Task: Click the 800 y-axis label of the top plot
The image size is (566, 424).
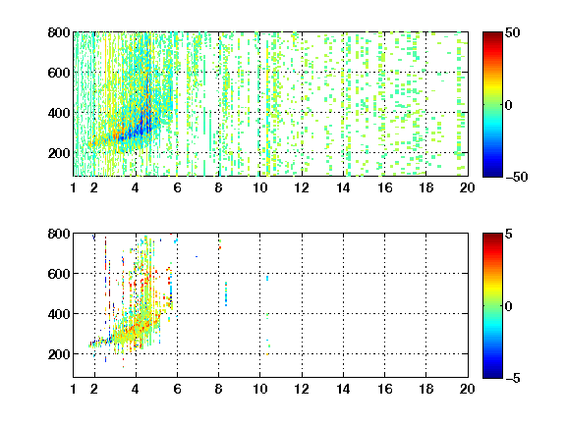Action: (x=59, y=32)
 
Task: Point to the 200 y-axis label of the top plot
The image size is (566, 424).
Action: (x=59, y=153)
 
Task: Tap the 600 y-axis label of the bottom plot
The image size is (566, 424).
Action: (x=59, y=274)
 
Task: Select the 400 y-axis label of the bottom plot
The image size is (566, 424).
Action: (x=59, y=314)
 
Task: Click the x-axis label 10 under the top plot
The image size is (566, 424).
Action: (x=259, y=187)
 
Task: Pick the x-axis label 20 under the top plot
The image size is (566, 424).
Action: (x=467, y=187)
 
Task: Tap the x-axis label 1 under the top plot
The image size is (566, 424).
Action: (x=74, y=187)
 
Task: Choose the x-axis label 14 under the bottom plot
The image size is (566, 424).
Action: (x=343, y=389)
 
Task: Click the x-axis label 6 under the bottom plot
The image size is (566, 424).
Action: (x=177, y=389)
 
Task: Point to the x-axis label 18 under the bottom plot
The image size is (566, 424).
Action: (x=425, y=389)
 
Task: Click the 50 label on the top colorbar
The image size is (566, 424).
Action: (x=512, y=32)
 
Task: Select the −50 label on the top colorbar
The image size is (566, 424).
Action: (x=516, y=177)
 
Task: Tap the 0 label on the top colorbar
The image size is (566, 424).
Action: (x=508, y=105)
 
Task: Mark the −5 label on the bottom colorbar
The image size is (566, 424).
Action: (x=512, y=378)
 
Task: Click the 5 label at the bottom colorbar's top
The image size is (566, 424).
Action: (x=508, y=234)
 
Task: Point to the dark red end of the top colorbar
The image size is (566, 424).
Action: (x=492, y=35)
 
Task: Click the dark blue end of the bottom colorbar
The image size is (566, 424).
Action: (x=492, y=375)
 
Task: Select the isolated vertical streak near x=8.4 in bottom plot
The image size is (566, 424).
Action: (x=226, y=293)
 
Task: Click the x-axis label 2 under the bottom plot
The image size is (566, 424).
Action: (x=94, y=389)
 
